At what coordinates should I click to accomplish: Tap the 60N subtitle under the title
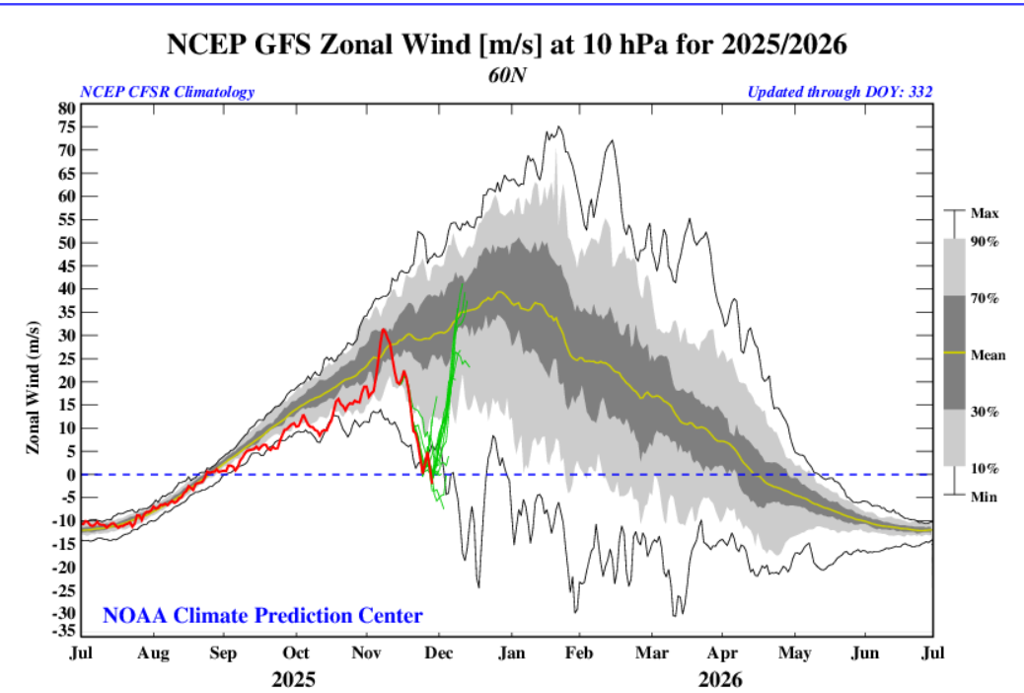click(505, 74)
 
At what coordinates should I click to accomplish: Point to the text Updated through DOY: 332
click(840, 92)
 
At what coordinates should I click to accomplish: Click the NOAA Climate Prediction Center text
click(262, 616)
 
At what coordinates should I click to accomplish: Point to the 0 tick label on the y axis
click(70, 475)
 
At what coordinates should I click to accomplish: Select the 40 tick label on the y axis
click(66, 289)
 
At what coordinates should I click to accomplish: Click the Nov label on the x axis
click(367, 653)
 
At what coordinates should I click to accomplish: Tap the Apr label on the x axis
click(721, 653)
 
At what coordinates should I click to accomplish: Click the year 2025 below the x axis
click(294, 679)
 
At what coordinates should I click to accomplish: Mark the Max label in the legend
click(985, 213)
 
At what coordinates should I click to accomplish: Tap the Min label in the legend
click(984, 497)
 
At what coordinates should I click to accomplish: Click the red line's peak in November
click(384, 331)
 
